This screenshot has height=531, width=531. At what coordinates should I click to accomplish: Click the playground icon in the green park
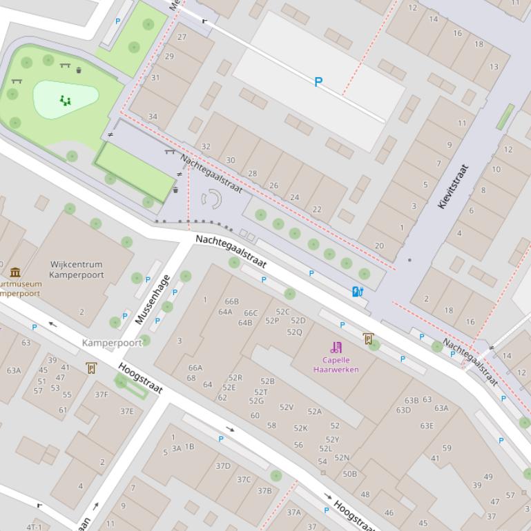click(x=66, y=100)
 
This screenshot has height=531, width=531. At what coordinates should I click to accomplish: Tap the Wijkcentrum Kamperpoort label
click(x=76, y=269)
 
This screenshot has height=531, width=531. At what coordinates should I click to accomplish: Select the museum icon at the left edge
click(x=15, y=272)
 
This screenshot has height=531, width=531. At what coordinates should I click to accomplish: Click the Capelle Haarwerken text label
click(x=336, y=364)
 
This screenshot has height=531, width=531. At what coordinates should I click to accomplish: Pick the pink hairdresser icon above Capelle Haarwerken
click(x=336, y=347)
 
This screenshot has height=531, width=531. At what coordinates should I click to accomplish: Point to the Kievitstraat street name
click(x=453, y=186)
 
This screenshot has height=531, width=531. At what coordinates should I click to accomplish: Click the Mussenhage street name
click(x=153, y=299)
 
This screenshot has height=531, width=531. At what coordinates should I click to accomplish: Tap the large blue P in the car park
click(x=318, y=82)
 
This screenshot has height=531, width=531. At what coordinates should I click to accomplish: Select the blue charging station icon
click(x=358, y=292)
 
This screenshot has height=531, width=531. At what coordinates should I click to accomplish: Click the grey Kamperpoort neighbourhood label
click(x=112, y=343)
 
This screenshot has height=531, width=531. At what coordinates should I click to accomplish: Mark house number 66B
click(x=231, y=301)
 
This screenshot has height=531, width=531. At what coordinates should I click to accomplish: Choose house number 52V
click(x=287, y=408)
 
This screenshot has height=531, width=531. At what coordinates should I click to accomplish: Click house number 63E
click(x=427, y=425)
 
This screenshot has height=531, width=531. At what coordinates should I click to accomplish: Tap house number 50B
click(x=350, y=474)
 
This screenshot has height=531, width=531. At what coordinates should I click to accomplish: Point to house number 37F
click(x=102, y=394)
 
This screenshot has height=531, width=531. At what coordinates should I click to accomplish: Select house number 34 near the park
click(x=153, y=117)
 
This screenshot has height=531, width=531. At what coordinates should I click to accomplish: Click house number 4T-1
click(x=34, y=527)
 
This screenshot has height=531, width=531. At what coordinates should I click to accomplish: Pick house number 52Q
click(x=294, y=332)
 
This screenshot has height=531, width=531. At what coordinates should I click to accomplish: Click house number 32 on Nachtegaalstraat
click(x=206, y=147)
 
